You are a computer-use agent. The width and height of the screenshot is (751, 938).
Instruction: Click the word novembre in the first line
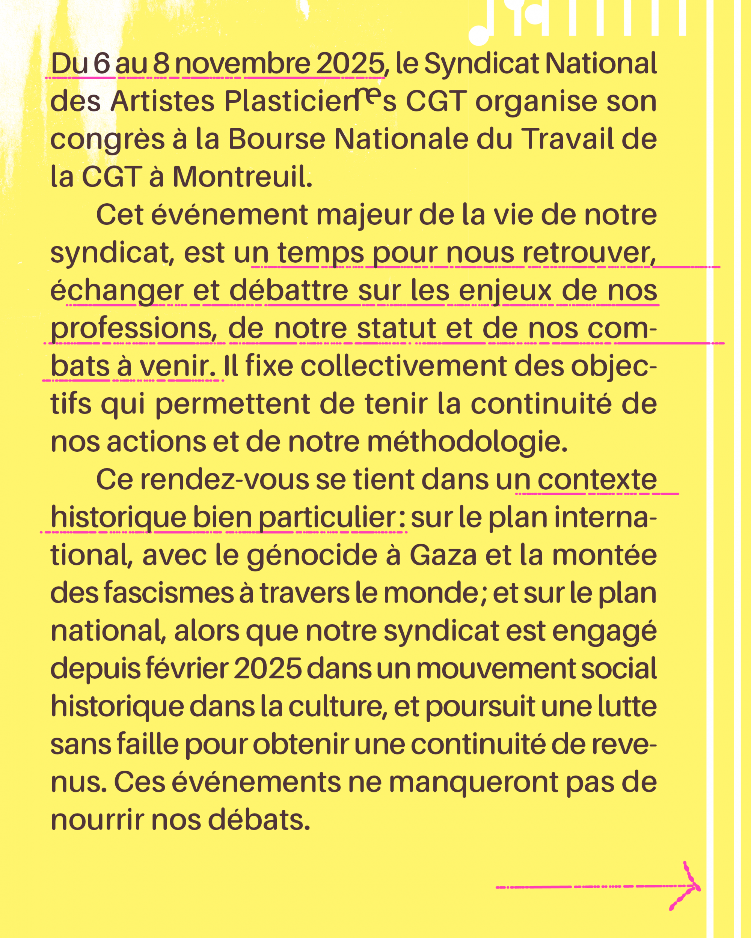pyautogui.click(x=243, y=63)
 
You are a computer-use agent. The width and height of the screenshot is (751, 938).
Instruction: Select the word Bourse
pyautogui.click(x=276, y=139)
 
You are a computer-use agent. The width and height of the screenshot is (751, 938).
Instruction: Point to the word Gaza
pyautogui.click(x=443, y=556)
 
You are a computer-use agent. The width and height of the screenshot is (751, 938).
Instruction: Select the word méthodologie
pyautogui.click(x=467, y=442)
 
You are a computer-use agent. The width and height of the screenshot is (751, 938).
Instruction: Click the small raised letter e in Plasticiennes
pyautogui.click(x=369, y=96)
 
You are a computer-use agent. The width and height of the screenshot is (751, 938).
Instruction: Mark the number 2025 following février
pyautogui.click(x=268, y=669)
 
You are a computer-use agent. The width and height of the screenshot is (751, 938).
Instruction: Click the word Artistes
pyautogui.click(x=162, y=101)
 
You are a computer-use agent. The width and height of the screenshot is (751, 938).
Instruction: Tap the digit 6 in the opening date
pyautogui.click(x=101, y=63)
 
